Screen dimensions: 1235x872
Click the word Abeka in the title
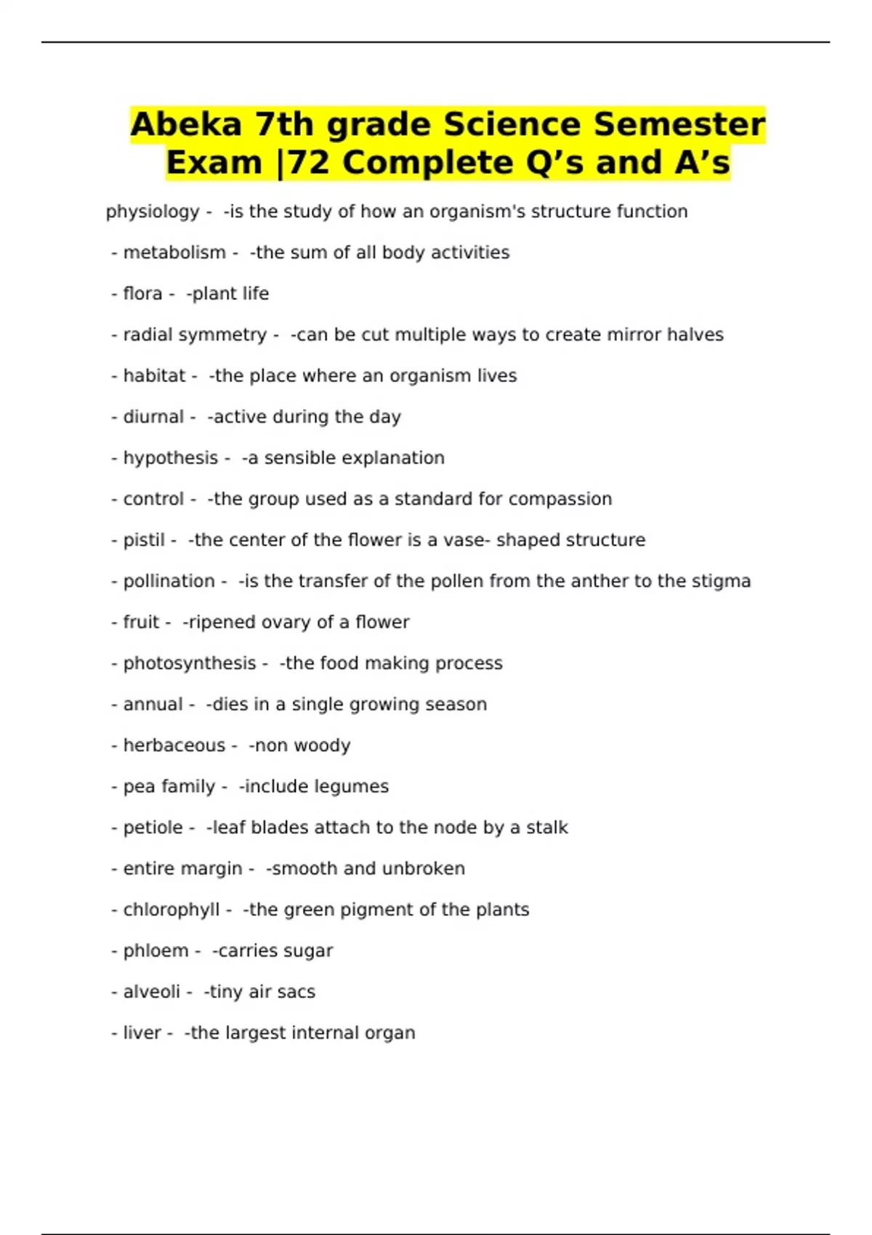tap(186, 124)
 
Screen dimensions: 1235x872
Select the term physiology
tap(153, 211)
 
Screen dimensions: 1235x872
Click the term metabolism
tap(174, 253)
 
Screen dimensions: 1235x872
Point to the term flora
tap(142, 293)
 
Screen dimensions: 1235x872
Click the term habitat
tap(154, 376)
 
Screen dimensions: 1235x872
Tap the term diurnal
tap(153, 417)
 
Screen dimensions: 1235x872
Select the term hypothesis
tap(171, 458)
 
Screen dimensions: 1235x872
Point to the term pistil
tap(144, 540)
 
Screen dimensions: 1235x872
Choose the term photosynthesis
tap(190, 663)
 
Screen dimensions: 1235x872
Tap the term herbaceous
tap(174, 745)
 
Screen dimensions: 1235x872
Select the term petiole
tap(153, 827)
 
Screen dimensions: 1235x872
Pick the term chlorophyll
tap(171, 910)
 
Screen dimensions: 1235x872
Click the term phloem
tap(156, 951)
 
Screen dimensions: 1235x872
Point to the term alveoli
tap(151, 992)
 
